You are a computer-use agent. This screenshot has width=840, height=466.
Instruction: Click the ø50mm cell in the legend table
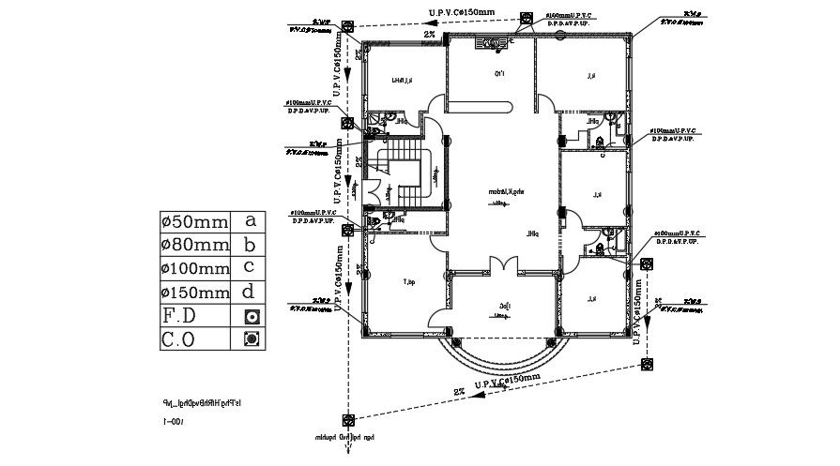(194, 222)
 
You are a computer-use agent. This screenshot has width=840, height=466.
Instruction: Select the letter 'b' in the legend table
(250, 246)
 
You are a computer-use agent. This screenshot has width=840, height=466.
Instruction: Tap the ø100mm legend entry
(194, 269)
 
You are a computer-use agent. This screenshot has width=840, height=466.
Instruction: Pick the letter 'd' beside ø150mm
(250, 292)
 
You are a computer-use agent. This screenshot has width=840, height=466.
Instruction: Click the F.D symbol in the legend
(251, 316)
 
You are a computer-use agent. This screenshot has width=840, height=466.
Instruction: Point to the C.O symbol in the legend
(251, 338)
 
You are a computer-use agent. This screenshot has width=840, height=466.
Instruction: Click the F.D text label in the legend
(179, 316)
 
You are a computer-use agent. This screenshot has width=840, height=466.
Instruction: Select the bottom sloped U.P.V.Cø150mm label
(508, 380)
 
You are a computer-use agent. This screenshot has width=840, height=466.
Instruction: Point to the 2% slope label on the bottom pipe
(459, 391)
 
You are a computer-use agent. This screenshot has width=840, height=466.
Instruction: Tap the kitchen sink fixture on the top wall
(491, 41)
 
